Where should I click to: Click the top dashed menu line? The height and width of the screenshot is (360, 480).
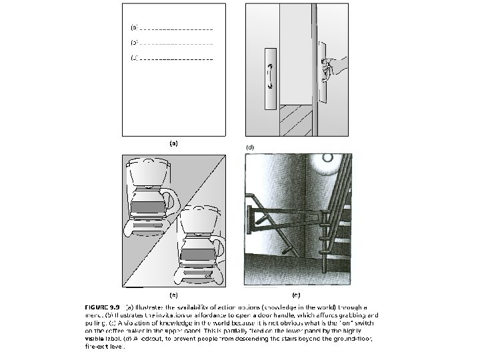[x=176, y=29]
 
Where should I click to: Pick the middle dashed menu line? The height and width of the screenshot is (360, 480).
[x=176, y=44]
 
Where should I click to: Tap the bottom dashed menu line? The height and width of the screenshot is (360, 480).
[x=176, y=59]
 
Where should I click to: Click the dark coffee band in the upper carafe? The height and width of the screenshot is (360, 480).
[x=147, y=207]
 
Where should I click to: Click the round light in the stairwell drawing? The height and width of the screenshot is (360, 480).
[x=328, y=157]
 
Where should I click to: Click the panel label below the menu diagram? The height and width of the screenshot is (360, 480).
[x=173, y=143]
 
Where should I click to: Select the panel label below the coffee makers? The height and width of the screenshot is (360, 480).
[x=173, y=293]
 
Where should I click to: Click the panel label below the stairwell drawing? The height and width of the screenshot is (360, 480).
[x=296, y=293]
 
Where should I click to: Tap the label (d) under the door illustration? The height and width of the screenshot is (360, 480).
[x=250, y=146]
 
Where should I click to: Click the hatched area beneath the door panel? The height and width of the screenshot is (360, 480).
[x=295, y=120]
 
